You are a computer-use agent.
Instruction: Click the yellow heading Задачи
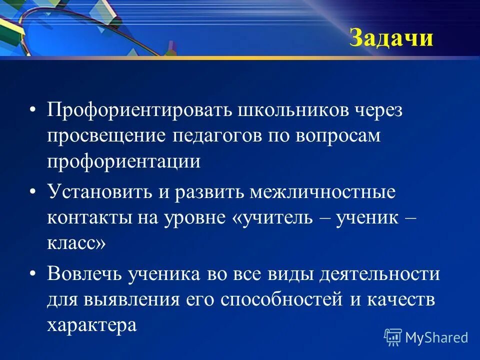(390, 38)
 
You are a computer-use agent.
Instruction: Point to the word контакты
(84, 218)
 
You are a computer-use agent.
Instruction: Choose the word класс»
(76, 244)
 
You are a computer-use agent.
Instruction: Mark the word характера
(91, 325)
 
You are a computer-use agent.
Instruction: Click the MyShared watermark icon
(393, 336)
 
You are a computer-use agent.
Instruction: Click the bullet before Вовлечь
(33, 274)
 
